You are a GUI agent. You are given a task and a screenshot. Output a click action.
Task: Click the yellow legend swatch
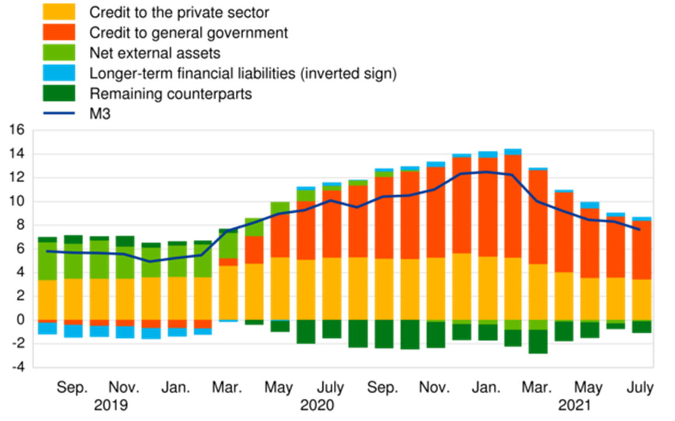pos(59,12)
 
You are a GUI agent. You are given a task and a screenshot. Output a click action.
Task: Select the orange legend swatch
pos(59,32)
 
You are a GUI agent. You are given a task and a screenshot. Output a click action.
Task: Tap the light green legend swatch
pos(59,52)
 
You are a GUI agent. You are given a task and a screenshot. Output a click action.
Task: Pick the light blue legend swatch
pos(59,72)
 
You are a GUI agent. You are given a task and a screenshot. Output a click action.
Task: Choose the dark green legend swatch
pos(59,93)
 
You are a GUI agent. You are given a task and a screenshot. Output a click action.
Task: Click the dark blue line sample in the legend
pos(59,113)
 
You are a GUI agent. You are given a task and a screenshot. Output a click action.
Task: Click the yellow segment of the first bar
pos(47,299)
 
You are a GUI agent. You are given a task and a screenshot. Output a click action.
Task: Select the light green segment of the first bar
pos(47,261)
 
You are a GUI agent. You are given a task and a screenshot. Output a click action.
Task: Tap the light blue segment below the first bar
pos(47,329)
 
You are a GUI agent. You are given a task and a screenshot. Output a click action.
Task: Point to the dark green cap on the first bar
pos(47,239)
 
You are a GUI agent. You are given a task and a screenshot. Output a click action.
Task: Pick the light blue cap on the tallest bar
pos(513,151)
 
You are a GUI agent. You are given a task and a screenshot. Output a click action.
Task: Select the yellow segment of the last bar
pos(641,299)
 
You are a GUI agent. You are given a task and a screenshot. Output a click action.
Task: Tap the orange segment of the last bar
pos(641,250)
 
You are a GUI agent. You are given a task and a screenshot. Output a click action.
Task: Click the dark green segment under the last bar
pos(641,327)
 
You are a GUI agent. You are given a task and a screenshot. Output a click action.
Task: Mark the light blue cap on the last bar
pos(641,219)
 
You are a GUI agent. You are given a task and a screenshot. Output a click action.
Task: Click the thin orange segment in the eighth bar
pos(228,262)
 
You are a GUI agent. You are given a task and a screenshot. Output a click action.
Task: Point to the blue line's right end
pos(639,229)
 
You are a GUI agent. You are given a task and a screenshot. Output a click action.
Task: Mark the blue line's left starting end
pos(48,251)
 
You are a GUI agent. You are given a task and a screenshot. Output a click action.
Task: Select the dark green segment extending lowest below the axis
pos(538,342)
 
